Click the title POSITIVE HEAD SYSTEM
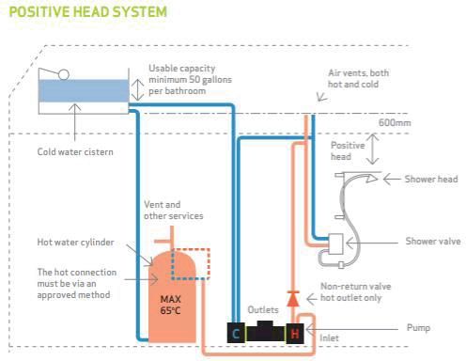(85, 11)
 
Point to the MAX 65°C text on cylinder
(171, 302)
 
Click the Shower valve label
(432, 241)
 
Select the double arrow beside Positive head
(373, 149)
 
